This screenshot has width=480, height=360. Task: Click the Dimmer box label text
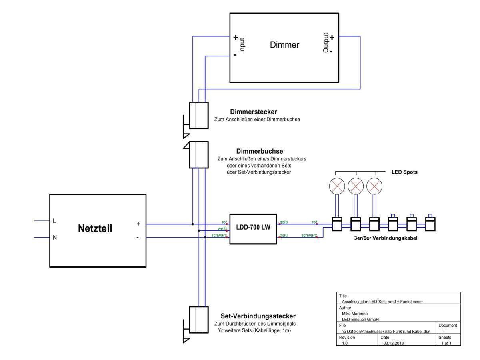coord(284,45)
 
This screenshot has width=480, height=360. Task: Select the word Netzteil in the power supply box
coord(95,229)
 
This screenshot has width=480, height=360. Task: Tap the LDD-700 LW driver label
coord(253,228)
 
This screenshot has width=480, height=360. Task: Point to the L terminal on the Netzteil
coord(54,221)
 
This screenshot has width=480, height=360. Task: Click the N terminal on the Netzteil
coord(55,238)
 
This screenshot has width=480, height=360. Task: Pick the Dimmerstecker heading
coord(254,112)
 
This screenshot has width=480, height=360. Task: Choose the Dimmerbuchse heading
coord(260,151)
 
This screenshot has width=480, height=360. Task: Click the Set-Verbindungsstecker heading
coord(258,316)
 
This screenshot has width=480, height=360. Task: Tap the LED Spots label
coord(404,172)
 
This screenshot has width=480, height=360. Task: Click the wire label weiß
coord(222,228)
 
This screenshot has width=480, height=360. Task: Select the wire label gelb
coord(284,222)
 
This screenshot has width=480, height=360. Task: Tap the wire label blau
coord(284,235)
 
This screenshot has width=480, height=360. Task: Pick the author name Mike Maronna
coord(354,314)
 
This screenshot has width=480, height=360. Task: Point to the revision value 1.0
coord(345,343)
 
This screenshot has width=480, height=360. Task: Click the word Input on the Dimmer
coord(242,46)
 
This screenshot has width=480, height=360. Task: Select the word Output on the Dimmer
coord(326,43)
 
